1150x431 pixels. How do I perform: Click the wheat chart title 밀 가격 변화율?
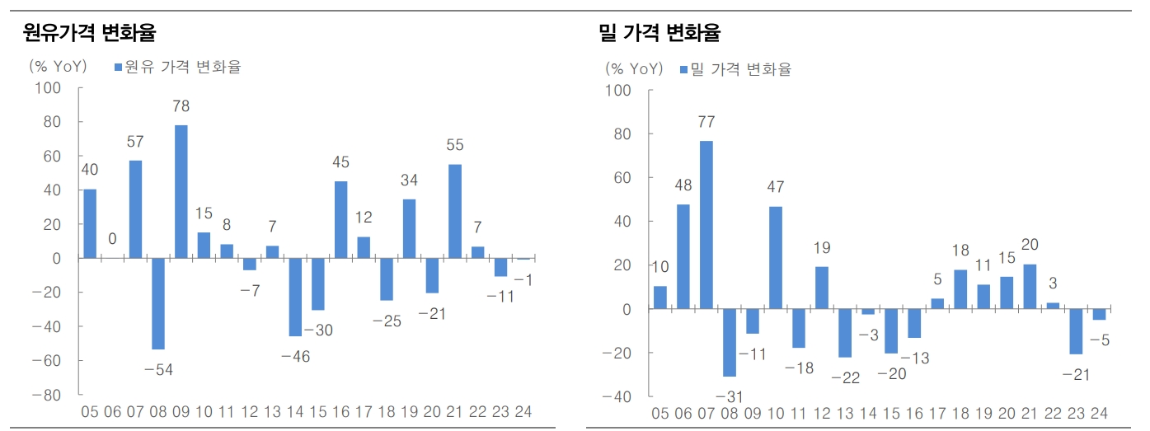[659, 33]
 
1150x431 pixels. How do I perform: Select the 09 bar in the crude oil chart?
[181, 191]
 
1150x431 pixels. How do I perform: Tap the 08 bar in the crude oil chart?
[158, 303]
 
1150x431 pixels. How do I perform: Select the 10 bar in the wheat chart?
[776, 258]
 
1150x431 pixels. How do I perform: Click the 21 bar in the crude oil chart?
[455, 211]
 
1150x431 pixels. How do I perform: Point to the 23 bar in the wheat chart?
[1076, 331]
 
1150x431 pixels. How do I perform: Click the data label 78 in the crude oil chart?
[181, 106]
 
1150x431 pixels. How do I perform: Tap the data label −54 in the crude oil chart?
[158, 370]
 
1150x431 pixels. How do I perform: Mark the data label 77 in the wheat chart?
[706, 122]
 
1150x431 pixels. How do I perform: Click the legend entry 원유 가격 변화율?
[182, 67]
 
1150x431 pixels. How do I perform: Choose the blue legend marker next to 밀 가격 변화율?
[683, 70]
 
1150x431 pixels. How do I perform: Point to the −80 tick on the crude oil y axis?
[53, 395]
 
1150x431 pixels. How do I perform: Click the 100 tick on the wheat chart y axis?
[617, 90]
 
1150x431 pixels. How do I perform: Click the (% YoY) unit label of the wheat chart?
[632, 69]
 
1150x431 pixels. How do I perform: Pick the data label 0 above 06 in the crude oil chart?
[112, 239]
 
